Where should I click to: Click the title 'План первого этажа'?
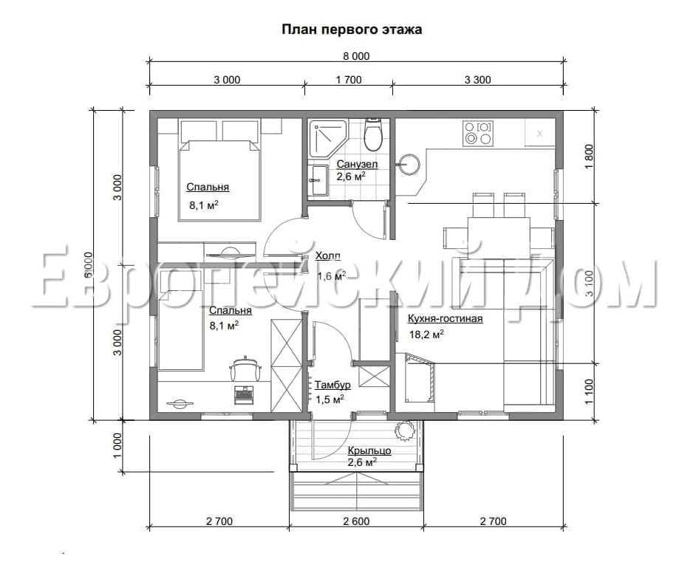pos(352,30)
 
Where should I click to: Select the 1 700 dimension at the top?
pos(349,80)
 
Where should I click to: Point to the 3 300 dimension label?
pos(477,80)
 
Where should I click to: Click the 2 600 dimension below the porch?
pos(356,521)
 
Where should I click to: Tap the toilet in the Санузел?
pos(372,134)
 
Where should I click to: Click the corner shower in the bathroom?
pos(329,137)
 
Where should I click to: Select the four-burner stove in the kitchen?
pos(478,133)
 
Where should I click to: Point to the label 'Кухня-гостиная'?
pos(446,318)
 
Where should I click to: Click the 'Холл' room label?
pos(327,255)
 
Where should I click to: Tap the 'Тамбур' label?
pos(333,385)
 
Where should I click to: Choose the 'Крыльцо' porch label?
pos(369,450)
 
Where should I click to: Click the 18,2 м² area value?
pos(426,334)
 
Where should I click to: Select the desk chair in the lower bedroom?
pos(245,368)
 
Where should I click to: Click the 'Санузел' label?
pos(357,164)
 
